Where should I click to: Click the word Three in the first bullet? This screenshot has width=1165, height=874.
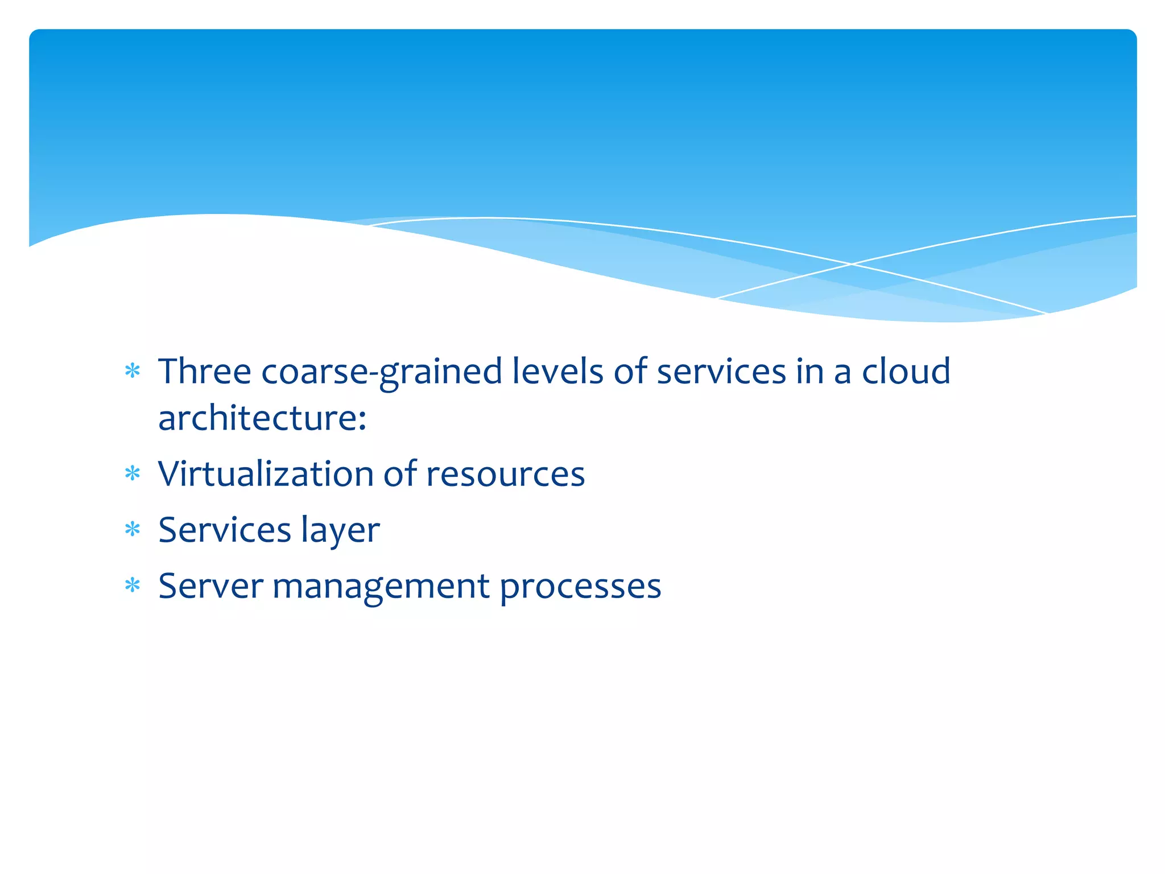click(x=204, y=372)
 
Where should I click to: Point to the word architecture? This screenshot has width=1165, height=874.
click(x=262, y=418)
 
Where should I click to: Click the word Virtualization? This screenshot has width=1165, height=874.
click(x=266, y=474)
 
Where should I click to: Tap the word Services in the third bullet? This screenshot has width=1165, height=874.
click(x=225, y=530)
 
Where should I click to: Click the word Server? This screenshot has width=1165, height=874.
click(x=210, y=586)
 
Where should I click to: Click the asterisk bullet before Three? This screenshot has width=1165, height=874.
click(x=133, y=371)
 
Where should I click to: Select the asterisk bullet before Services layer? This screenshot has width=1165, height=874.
click(x=133, y=529)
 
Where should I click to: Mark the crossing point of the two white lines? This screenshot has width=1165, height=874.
click(x=852, y=264)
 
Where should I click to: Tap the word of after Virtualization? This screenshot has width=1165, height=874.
click(x=400, y=474)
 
